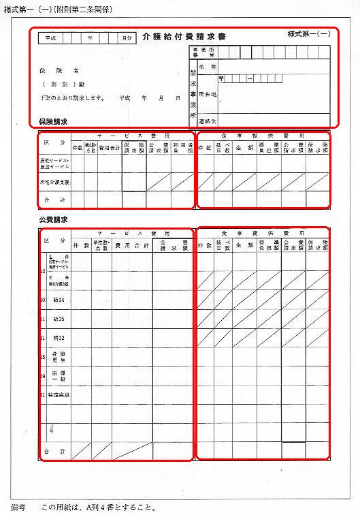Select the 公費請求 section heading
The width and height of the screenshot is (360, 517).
54,220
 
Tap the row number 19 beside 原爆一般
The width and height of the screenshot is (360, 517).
44,375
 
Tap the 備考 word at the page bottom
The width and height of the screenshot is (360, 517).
18,507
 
